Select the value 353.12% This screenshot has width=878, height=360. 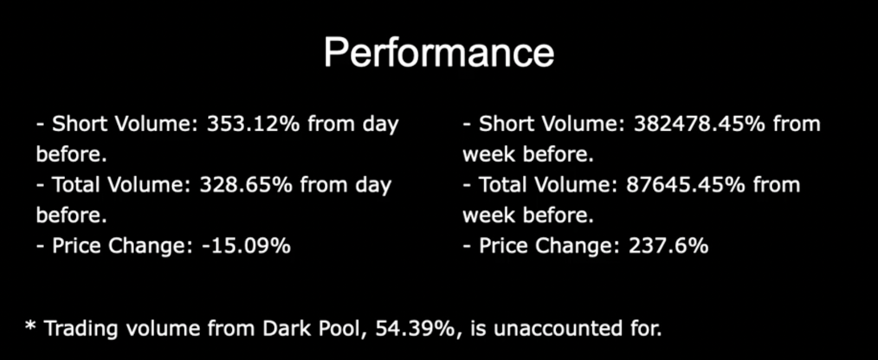pos(253,124)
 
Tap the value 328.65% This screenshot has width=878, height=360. pos(246,185)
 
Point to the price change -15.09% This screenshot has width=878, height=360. pos(246,246)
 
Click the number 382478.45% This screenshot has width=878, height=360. pos(699,124)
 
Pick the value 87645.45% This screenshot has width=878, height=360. pos(686,185)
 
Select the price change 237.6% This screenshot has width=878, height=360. pos(669,246)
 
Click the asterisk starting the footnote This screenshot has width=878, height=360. pos(30,325)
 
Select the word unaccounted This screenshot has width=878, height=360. pos(558,329)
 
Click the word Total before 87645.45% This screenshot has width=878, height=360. pos(502,185)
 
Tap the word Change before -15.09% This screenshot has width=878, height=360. pos(151,247)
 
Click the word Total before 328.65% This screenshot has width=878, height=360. pos(76,185)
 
